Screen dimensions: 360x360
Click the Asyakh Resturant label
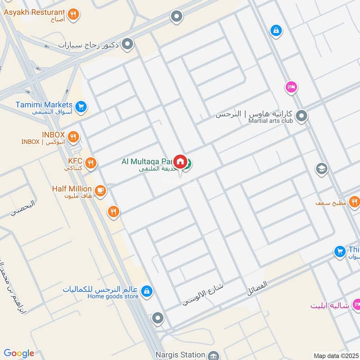coord(34,12)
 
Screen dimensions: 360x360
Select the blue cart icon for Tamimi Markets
coord(81,107)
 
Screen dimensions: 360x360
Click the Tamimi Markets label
coord(44,104)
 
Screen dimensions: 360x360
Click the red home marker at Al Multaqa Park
coord(180,161)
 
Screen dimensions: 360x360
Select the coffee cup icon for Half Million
coord(100,191)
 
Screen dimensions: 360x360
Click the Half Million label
coord(72,189)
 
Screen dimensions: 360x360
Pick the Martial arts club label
coord(271,121)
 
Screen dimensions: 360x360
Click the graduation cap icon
coord(321,169)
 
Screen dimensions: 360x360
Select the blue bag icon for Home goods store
coord(146,292)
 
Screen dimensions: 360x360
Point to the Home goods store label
coord(112,296)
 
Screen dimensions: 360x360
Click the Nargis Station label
coord(180,355)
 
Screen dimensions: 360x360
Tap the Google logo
coord(19,353)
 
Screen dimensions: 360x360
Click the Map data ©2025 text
coord(335,355)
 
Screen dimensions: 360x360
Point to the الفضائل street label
coord(257,288)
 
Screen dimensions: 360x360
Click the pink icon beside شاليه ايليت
coord(356,305)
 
